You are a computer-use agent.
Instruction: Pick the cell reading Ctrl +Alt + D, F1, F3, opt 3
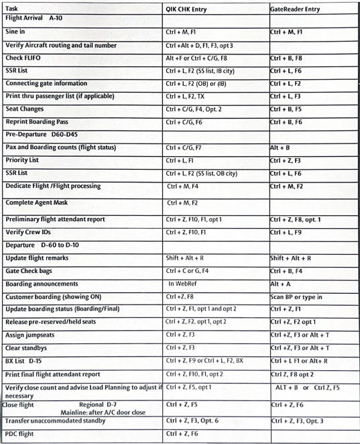tap(200, 46)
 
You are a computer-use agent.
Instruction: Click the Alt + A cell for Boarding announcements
tap(282, 284)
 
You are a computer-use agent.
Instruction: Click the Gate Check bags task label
tap(33, 272)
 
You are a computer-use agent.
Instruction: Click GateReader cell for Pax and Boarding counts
tap(280, 148)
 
